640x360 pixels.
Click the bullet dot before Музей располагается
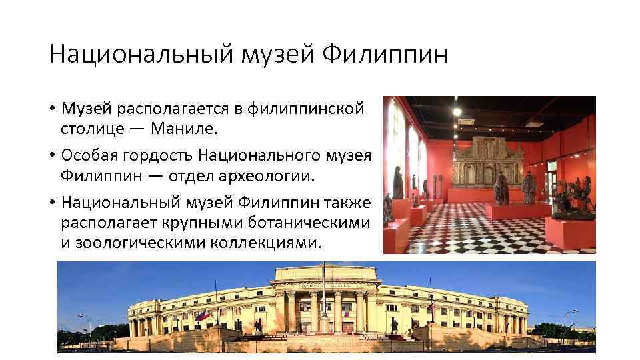52,108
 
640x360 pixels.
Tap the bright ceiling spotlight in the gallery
457,112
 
